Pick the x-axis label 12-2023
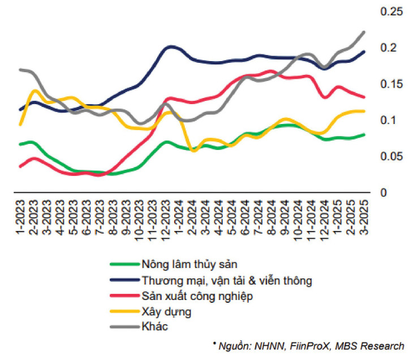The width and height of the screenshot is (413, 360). (x=167, y=215)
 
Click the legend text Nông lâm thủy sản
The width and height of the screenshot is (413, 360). (x=189, y=264)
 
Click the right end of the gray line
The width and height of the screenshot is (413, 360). (x=363, y=32)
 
